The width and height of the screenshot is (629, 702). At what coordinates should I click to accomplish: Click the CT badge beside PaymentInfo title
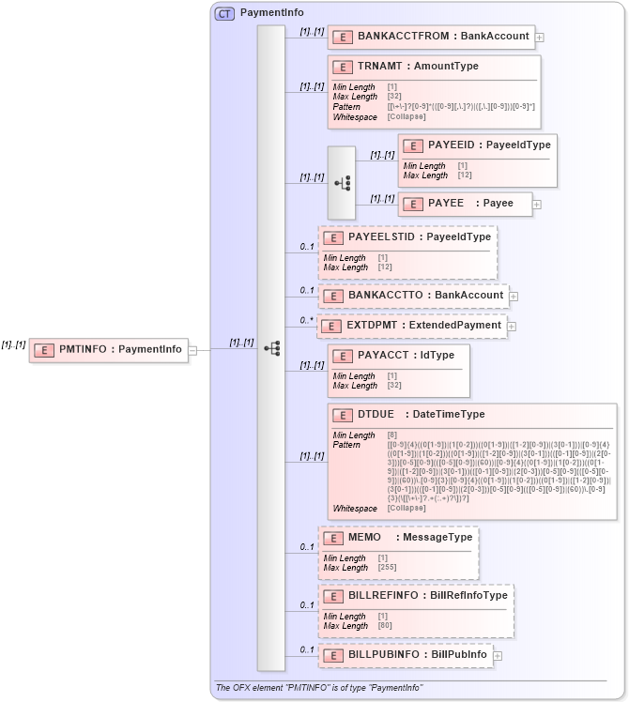pyautogui.click(x=225, y=13)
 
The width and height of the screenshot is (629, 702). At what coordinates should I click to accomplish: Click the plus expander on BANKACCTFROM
pyautogui.click(x=540, y=38)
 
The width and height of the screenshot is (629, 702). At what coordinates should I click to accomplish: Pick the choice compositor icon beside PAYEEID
pyautogui.click(x=342, y=183)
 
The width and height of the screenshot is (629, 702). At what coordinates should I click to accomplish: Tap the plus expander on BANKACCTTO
pyautogui.click(x=514, y=296)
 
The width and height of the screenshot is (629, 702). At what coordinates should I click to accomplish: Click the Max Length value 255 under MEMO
pyautogui.click(x=387, y=568)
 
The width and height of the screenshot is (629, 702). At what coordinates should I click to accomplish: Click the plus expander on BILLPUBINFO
pyautogui.click(x=498, y=655)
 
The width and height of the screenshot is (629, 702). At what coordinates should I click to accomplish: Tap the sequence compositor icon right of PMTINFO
pyautogui.click(x=271, y=348)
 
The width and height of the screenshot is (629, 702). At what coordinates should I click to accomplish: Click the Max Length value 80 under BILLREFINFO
pyautogui.click(x=384, y=626)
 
